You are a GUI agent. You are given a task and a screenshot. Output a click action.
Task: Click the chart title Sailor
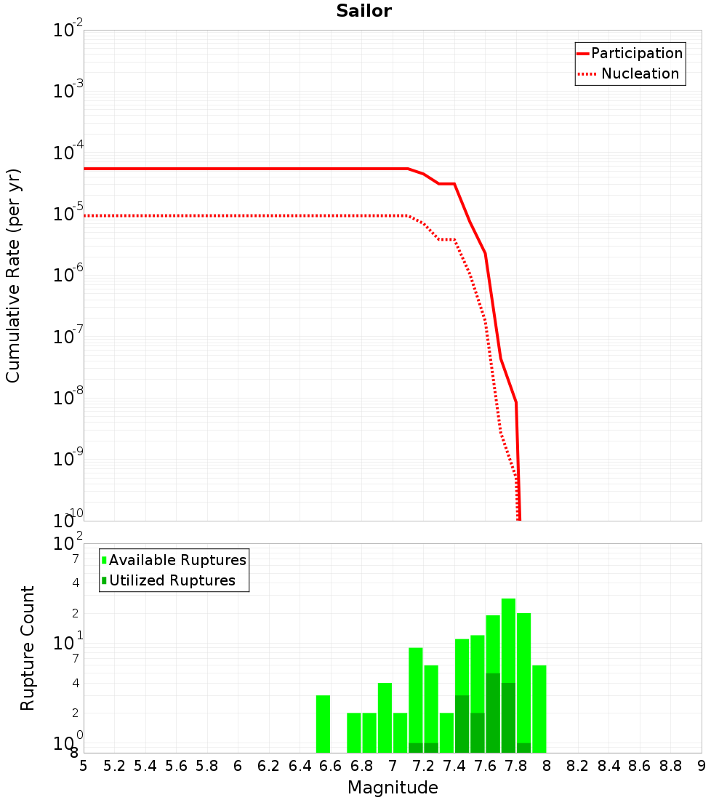(x=363, y=11)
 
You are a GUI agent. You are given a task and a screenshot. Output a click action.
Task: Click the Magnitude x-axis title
(x=393, y=788)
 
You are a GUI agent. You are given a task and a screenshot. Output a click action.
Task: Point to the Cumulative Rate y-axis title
(x=13, y=275)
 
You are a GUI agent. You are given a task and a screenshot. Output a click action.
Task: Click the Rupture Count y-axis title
(x=28, y=647)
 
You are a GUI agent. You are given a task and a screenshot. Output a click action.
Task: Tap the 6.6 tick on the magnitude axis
(x=331, y=766)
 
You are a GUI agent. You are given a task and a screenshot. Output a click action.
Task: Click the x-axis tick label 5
(x=84, y=766)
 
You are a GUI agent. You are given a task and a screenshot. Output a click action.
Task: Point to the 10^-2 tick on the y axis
(x=68, y=31)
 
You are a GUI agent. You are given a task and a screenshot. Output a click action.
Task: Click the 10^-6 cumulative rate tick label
(x=68, y=276)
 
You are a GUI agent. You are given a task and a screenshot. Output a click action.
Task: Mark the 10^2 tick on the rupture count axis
(x=68, y=544)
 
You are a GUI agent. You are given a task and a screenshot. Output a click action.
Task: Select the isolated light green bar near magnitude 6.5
(x=323, y=724)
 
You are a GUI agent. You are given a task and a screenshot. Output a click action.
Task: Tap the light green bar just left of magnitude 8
(x=539, y=709)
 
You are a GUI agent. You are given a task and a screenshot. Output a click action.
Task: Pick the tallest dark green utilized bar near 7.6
(x=493, y=713)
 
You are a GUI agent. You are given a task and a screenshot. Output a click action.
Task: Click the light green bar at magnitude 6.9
(x=385, y=718)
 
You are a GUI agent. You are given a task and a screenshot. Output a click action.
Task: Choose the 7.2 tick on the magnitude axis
(x=423, y=766)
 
